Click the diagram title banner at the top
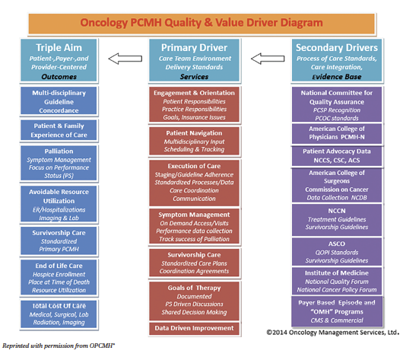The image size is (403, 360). click(201, 22)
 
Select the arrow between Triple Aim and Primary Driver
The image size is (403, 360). click(125, 58)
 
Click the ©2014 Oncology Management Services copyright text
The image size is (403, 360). click(332, 333)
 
